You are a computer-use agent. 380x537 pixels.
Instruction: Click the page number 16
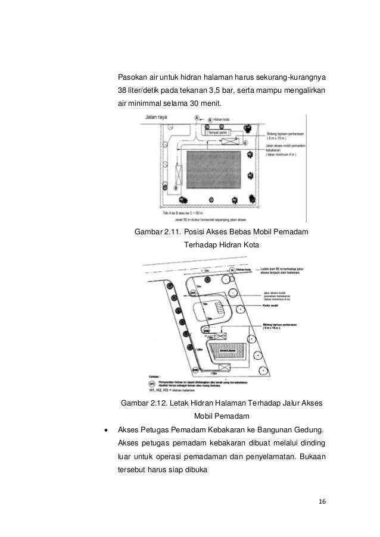322,501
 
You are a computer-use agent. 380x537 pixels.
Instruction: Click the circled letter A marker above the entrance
198,119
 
